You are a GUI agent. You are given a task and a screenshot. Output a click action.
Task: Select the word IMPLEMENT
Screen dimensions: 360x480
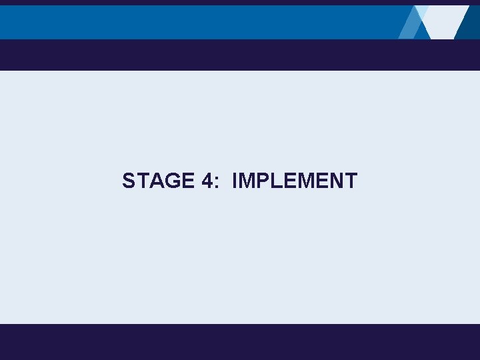[295, 181]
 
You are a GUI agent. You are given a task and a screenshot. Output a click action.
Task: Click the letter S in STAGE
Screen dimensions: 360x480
[129, 181]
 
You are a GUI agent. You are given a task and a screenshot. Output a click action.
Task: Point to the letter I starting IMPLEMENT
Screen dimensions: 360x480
[235, 181]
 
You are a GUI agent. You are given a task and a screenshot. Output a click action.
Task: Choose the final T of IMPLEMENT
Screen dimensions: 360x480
[350, 181]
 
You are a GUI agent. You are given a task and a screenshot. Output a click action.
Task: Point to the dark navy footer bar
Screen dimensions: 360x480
[240, 341]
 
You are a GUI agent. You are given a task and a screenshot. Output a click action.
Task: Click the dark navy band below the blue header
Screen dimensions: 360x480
[240, 55]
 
